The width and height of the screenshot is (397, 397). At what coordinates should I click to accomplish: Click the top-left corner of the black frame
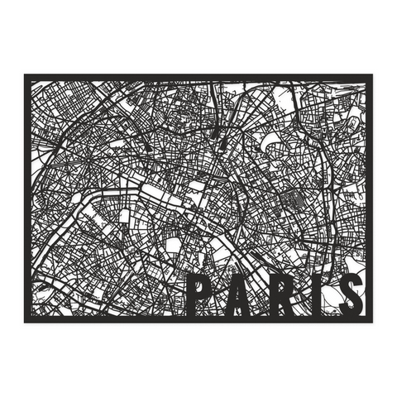tap(26, 76)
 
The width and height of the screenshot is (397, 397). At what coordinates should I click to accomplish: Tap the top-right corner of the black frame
tap(371, 76)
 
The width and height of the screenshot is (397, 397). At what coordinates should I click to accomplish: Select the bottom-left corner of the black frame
tap(26, 320)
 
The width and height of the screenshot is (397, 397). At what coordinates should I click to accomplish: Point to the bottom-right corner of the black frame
tap(371, 320)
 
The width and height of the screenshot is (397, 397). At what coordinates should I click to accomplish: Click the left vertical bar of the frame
tap(26, 198)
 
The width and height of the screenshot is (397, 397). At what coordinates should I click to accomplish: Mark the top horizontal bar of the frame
tap(198, 77)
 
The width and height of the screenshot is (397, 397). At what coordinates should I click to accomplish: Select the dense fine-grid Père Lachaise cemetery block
tap(291, 198)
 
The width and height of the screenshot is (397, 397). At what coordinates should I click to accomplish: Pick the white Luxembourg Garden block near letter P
tap(174, 245)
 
